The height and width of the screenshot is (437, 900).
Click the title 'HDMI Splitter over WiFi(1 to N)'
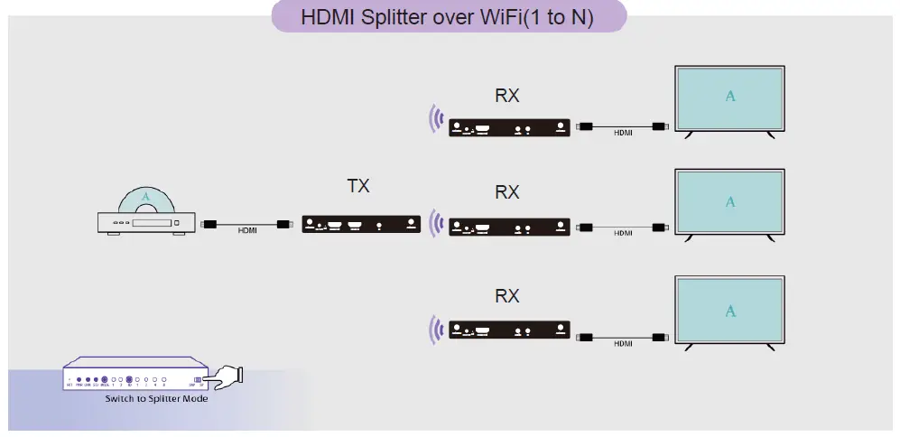(448, 17)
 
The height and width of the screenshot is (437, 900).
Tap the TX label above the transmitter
(358, 187)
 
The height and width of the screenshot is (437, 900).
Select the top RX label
(507, 95)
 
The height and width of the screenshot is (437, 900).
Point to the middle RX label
(507, 192)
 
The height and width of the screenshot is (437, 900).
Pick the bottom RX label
(507, 296)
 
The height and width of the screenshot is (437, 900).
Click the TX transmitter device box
(361, 225)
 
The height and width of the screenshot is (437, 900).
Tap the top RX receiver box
(510, 127)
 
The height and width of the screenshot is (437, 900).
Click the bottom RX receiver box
(510, 329)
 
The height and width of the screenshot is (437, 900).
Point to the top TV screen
(730, 96)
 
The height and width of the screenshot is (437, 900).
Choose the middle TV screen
(730, 200)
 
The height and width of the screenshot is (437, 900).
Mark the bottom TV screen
(730, 310)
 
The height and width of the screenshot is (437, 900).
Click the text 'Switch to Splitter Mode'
(156, 398)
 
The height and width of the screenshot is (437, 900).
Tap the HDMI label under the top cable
(623, 134)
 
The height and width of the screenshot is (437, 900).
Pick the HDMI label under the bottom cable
(623, 344)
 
